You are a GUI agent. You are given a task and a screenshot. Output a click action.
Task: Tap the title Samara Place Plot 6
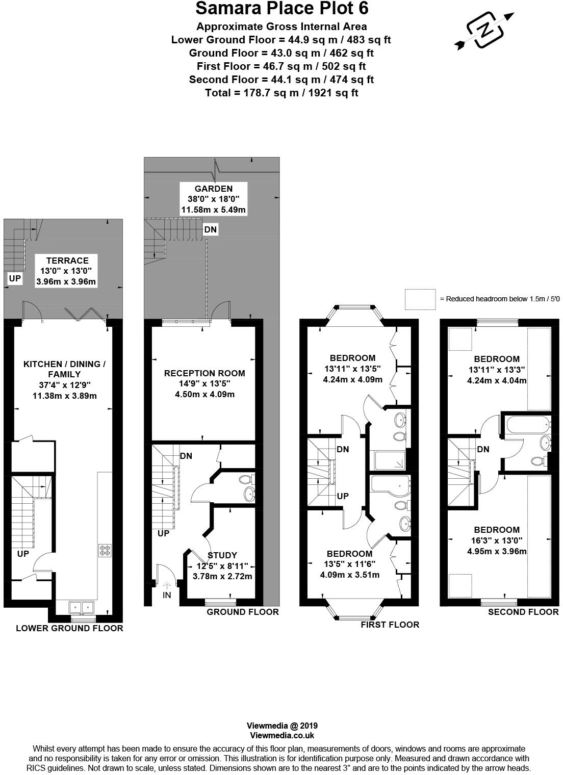(281, 9)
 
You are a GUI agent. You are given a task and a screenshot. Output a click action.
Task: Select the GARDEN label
(213, 189)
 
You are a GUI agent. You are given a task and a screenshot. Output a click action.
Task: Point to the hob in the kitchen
(105, 550)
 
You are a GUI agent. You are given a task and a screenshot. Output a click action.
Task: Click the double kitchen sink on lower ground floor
(82, 607)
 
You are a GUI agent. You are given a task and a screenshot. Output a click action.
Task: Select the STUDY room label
(222, 555)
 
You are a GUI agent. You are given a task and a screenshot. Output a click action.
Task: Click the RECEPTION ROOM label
(204, 373)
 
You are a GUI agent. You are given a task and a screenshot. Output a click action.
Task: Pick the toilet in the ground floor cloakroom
(245, 479)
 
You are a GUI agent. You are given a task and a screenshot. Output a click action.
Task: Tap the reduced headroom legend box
(420, 299)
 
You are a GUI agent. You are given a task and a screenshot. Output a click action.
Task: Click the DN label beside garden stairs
(210, 229)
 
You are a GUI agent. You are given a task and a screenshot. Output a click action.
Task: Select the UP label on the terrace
(15, 278)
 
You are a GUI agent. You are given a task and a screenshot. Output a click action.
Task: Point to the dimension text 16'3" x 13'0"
(496, 540)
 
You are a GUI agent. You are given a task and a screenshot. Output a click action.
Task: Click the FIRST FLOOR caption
(390, 625)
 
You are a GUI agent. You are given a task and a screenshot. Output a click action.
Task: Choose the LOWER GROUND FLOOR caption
(69, 628)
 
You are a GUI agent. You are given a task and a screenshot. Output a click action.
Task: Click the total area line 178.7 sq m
(281, 93)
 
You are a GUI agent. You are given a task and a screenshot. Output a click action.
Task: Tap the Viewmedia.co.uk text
(281, 735)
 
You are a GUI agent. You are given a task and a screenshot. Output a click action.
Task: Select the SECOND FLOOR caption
(523, 612)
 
